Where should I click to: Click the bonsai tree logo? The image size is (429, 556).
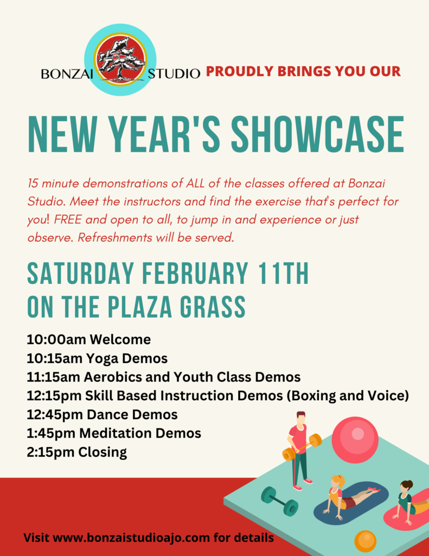point(120,60)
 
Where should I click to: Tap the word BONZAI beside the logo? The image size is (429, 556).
point(67,74)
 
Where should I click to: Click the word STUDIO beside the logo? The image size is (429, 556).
point(174,74)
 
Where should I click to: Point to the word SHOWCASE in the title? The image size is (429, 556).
point(318,135)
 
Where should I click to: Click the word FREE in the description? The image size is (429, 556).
point(68,219)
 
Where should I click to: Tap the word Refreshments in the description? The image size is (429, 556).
point(115,237)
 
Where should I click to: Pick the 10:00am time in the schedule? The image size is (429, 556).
point(56,339)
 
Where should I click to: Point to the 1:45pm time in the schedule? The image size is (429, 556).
point(51,433)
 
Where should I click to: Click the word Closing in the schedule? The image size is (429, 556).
point(103,452)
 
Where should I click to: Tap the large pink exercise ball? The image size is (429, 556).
point(355,440)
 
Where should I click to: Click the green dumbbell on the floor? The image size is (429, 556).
point(279,501)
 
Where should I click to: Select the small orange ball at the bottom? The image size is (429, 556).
point(365,541)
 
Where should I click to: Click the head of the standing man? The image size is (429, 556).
point(300,418)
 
